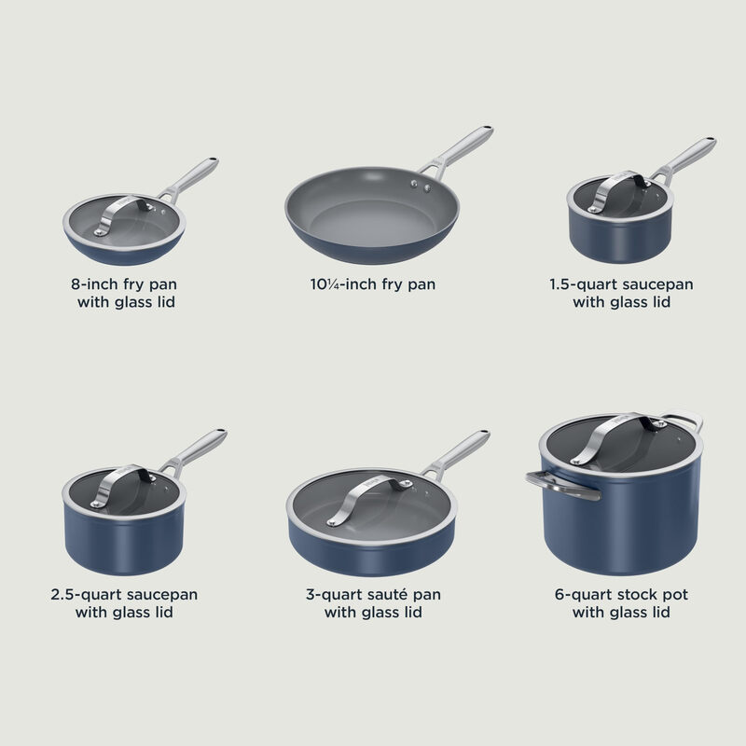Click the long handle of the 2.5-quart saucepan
(x=198, y=449)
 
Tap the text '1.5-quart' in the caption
(x=581, y=283)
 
